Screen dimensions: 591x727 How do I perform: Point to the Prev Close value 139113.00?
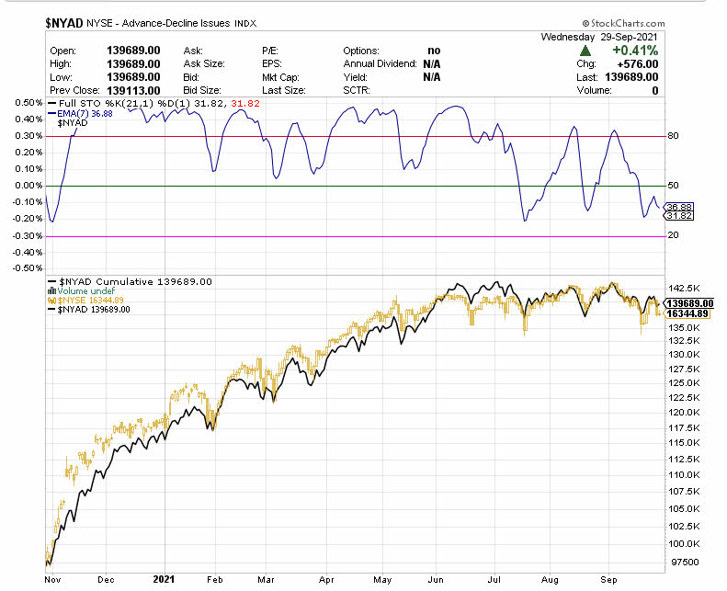[x=134, y=91]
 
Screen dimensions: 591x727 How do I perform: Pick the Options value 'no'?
[x=433, y=51]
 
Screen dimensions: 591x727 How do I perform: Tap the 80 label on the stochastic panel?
[x=673, y=136]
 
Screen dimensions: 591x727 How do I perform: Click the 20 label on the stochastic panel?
[x=673, y=236]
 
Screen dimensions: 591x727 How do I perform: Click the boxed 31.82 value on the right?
[x=679, y=216]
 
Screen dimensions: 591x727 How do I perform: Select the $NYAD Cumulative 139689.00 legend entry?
[x=134, y=281]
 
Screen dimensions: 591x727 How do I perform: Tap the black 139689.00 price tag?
[x=689, y=303]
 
